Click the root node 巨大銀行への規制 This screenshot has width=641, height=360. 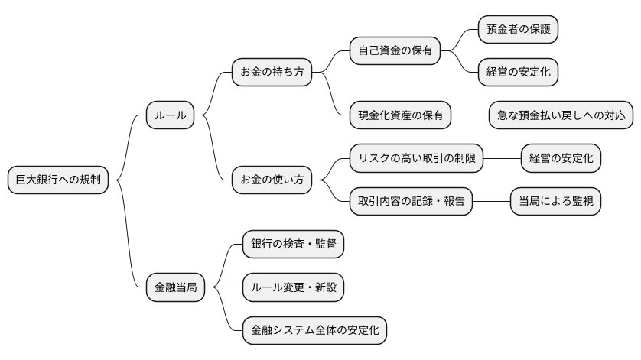58,180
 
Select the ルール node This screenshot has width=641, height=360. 170,115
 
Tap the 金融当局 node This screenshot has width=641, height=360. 175,288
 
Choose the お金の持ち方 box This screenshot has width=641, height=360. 272,73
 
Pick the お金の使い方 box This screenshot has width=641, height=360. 272,180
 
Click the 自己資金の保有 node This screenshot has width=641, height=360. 395,51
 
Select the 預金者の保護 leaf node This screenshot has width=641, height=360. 518,30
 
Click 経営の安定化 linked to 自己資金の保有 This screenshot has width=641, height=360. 518,73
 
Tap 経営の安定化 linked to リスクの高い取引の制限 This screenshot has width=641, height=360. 561,159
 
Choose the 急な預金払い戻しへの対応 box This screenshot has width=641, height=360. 561,115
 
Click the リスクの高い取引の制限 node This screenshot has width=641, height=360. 417,159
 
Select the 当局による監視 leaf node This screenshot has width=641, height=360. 555,202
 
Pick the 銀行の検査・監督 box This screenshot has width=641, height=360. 293,245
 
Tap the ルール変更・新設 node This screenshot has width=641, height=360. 293,288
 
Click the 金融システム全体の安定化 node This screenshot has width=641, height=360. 314,331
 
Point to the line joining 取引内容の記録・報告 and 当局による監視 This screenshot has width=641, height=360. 491,202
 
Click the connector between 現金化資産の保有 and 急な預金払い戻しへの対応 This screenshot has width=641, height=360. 470,115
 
